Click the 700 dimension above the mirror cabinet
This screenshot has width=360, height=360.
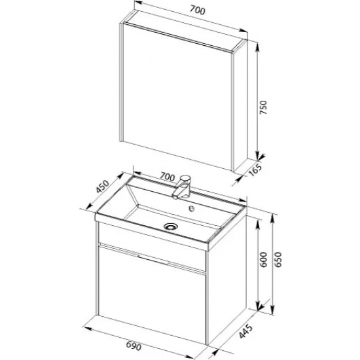pos(197,10)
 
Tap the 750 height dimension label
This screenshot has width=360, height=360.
pos(263,107)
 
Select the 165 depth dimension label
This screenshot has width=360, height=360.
pos(255,170)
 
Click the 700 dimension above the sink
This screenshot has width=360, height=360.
pos(167,177)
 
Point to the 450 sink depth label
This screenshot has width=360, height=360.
pos(102,187)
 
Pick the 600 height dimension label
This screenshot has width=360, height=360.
pos(263,259)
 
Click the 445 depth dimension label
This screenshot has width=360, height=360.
pos(245,331)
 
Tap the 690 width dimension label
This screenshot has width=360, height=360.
pos(134,346)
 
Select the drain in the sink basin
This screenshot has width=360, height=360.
pos(171,226)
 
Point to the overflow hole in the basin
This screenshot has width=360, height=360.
pos(191,208)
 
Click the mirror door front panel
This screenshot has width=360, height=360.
pos(177,96)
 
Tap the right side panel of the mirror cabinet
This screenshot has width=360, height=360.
pos(241,105)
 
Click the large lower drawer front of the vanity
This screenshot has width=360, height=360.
pos(152,291)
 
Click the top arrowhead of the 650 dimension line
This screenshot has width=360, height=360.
pos(272,219)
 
